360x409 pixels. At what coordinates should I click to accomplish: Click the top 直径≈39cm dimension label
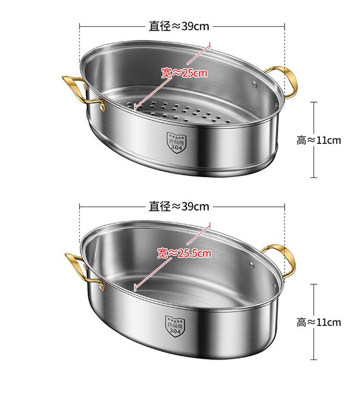pyautogui.click(x=179, y=26)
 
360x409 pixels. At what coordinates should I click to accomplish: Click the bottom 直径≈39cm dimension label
pyautogui.click(x=179, y=207)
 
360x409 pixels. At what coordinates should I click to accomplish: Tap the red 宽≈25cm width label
pyautogui.click(x=184, y=73)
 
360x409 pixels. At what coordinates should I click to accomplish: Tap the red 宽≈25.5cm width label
pyautogui.click(x=184, y=253)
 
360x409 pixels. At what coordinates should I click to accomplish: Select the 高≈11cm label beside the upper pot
pyautogui.click(x=319, y=140)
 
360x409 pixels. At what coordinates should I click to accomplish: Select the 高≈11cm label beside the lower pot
pyautogui.click(x=319, y=322)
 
